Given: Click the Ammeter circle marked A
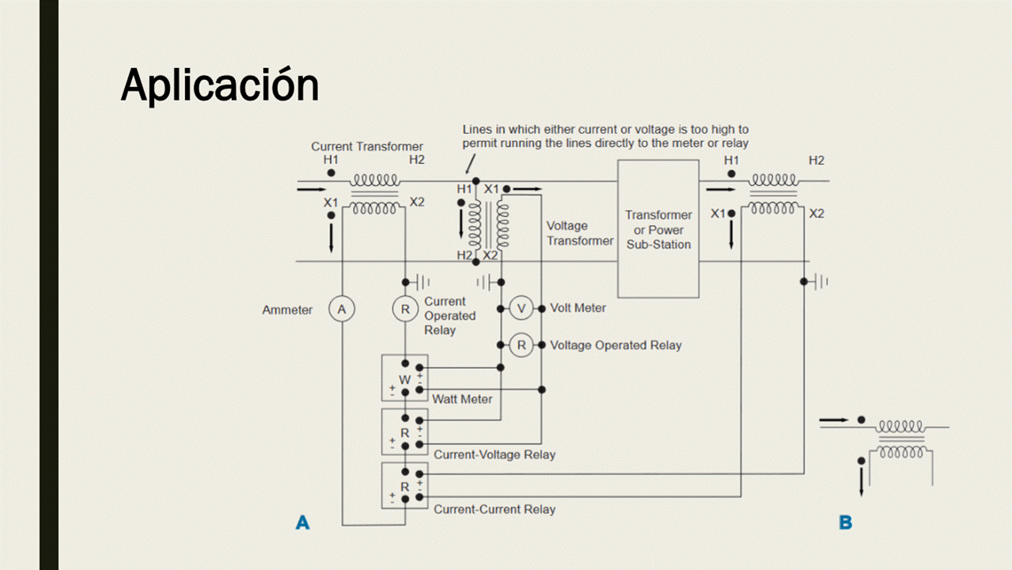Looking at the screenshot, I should coord(342,310).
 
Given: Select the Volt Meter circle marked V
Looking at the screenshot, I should coord(521,308).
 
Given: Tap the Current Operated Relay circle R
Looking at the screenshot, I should coord(405,310).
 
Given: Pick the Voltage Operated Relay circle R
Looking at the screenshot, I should coord(521,345).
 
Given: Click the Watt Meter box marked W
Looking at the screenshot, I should coord(404,379).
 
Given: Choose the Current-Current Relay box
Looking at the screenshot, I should coord(404,485).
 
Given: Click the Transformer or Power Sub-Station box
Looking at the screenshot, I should coord(658,229).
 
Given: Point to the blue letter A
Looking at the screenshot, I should coord(302,522).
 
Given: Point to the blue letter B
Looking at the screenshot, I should coord(845,522).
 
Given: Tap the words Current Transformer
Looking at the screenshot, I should coord(366,146).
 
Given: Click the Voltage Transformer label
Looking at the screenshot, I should coord(579,234).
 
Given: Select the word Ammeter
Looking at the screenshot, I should coord(287,310).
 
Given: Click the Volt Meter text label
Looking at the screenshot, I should coord(578,308).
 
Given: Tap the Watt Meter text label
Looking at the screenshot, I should coord(462,399).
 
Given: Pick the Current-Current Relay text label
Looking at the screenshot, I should coord(495,509).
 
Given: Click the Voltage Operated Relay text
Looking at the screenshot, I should coord(616,345).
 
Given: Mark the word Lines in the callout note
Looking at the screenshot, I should coord(477,129).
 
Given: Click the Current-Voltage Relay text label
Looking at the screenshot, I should coord(495,454).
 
